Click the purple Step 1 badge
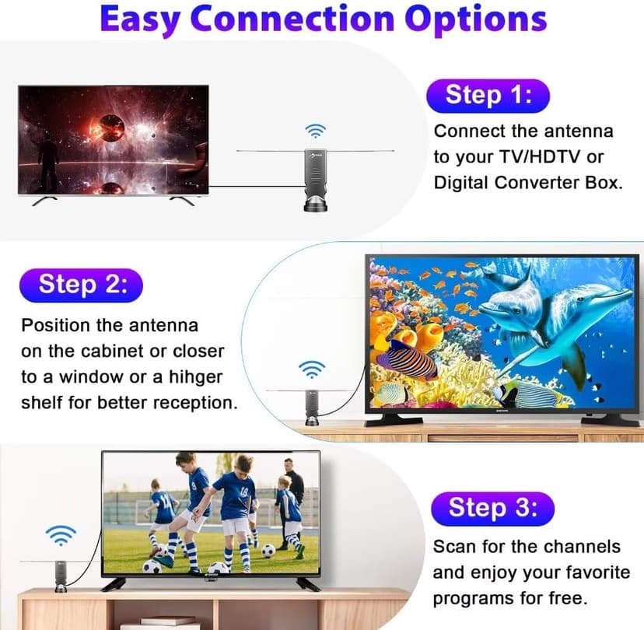(488, 95)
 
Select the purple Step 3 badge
(493, 508)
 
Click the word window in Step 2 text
(83, 377)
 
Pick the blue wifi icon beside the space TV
(315, 130)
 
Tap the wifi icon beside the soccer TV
(60, 534)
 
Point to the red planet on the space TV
(109, 127)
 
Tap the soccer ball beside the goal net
(268, 551)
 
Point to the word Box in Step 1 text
(598, 184)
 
